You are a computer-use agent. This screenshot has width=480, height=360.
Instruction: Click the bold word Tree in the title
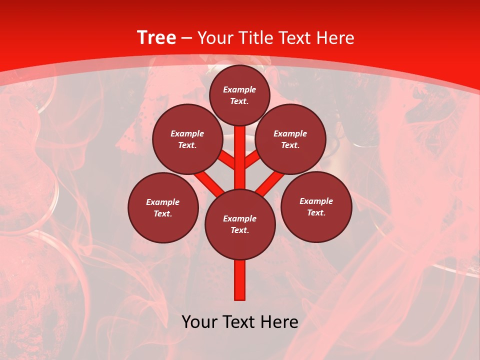[x=156, y=37]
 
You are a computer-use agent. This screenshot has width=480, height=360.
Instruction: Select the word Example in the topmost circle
[x=239, y=90]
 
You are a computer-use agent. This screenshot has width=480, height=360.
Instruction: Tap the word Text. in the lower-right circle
[x=316, y=212]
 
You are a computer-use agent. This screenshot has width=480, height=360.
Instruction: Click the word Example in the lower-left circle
[x=162, y=202]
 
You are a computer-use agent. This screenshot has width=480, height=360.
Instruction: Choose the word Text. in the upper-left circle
[x=187, y=145]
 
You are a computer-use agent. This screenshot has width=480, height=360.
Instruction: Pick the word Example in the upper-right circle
[x=290, y=133]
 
